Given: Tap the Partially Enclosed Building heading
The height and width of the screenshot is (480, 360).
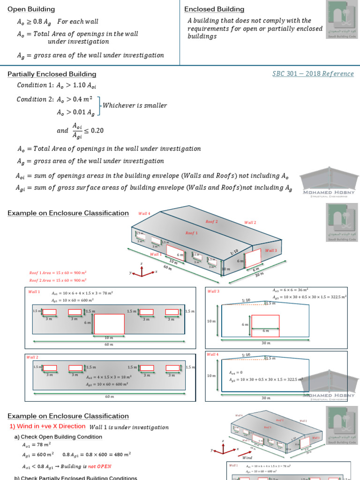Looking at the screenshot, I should pos(52,74).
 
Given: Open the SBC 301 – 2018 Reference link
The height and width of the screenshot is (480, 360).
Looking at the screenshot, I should pos(313,74).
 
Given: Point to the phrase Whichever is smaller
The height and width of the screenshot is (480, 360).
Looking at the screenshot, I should pos(135,105).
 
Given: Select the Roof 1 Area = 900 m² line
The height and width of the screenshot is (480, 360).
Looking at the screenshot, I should pos(58,272).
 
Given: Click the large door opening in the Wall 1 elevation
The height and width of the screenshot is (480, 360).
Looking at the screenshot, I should pos(109,324).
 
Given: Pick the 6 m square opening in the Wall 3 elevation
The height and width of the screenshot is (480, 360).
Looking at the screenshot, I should pos(265,326).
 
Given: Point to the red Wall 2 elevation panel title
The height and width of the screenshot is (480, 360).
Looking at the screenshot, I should pos(33,357).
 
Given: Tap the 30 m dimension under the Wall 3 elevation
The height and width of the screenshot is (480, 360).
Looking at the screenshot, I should pos(266,343).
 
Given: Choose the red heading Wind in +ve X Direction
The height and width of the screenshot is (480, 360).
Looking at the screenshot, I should pos(47,427).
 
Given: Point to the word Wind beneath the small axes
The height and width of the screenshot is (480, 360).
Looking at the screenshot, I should pos(247,457).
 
